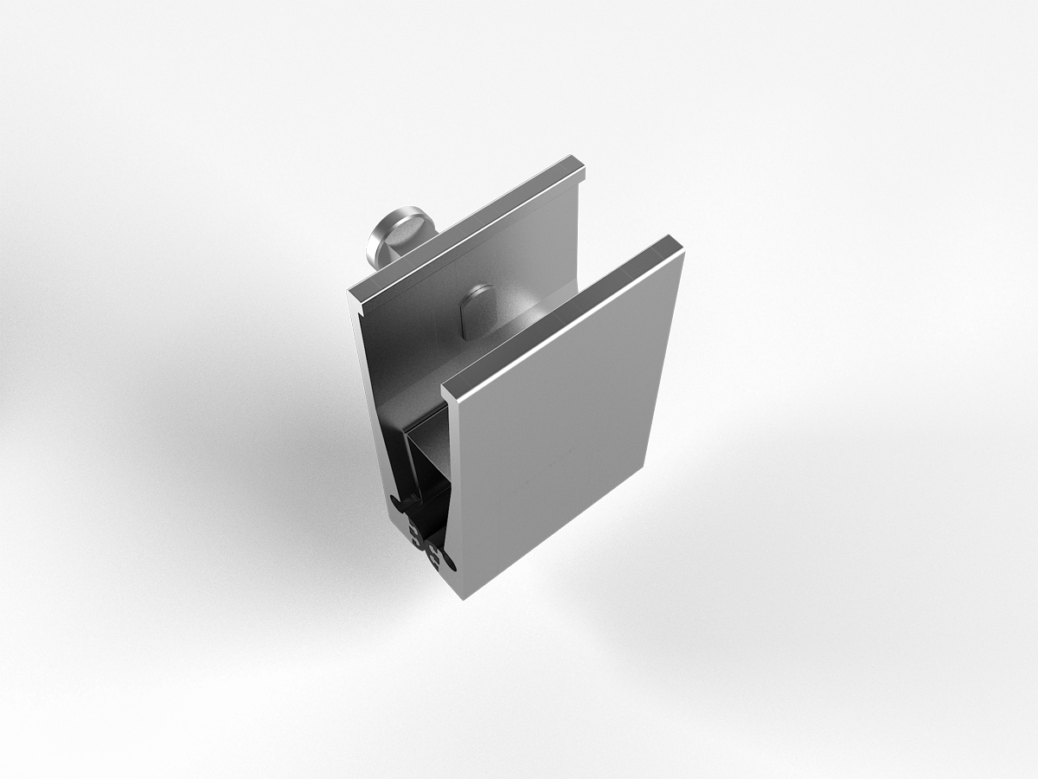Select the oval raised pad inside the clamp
click(477, 312)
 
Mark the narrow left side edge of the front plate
click(455, 493)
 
